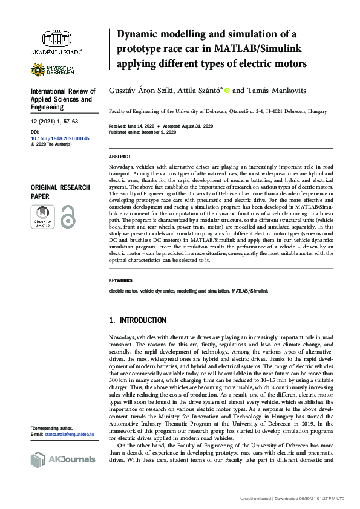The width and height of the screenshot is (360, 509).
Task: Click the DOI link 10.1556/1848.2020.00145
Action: pyautogui.click(x=60, y=138)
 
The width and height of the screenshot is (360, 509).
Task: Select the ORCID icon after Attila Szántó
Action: pyautogui.click(x=227, y=91)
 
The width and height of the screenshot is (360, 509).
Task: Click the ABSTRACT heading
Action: pyautogui.click(x=119, y=156)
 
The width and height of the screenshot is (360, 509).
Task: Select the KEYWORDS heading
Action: pyautogui.click(x=120, y=281)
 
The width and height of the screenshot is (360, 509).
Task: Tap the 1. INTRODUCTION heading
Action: pyautogui.click(x=137, y=320)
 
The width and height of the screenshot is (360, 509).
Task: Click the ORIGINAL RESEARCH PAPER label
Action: pyautogui.click(x=61, y=192)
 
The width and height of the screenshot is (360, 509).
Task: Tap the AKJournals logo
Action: pyautogui.click(x=62, y=459)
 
